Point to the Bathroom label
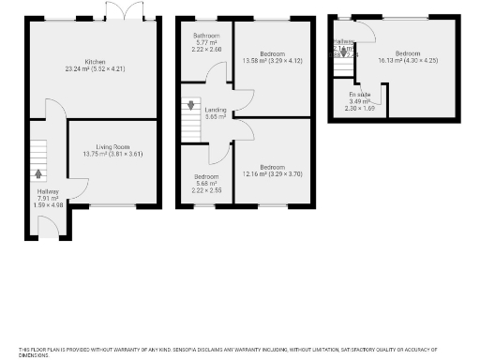pos(205,36)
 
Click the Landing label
pos(215,110)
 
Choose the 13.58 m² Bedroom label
pos(271,53)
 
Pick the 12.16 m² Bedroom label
pos(271,167)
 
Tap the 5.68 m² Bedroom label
pos(205,176)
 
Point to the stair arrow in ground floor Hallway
pos(37,172)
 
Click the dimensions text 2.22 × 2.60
pos(205,49)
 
